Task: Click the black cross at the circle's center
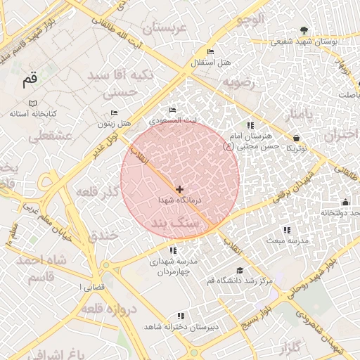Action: point(180,189)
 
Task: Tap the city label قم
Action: point(29,79)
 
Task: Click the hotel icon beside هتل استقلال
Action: point(210,52)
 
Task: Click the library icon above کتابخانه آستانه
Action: point(32,103)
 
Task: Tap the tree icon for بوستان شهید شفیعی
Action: point(304,30)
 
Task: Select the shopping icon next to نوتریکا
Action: point(296,138)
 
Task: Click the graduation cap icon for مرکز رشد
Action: point(240,271)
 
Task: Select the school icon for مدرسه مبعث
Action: point(286,230)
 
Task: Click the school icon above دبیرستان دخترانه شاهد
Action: point(181,316)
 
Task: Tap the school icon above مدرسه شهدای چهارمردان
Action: point(173,250)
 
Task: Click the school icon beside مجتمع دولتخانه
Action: point(344,202)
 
